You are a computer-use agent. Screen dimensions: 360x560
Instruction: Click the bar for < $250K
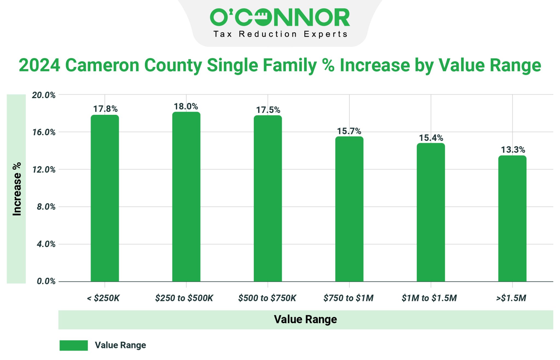[x=105, y=198]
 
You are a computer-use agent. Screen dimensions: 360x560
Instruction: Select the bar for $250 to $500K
[x=186, y=197]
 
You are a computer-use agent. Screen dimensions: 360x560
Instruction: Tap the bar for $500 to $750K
[x=268, y=198]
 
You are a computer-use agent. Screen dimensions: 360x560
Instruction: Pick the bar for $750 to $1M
[x=349, y=209]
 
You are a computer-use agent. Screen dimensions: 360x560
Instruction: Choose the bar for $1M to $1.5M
[x=431, y=212]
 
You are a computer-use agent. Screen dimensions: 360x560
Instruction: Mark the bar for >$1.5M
[x=512, y=219]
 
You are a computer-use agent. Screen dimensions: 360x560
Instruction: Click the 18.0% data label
[x=186, y=106]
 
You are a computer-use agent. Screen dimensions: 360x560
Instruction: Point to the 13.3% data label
[x=513, y=150]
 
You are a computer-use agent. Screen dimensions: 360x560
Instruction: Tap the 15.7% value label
[x=349, y=131]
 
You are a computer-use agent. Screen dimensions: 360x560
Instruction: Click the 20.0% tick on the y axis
[x=44, y=95]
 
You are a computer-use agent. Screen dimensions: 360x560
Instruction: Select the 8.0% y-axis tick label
[x=46, y=207]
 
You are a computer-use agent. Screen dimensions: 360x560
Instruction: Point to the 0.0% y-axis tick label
[x=46, y=281]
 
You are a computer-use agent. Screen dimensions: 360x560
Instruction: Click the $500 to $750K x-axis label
[x=267, y=298]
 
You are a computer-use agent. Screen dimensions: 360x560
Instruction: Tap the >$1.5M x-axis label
[x=511, y=298]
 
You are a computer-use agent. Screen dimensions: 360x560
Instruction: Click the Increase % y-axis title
[x=17, y=189]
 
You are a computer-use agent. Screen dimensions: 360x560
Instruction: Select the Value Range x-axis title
[x=305, y=319]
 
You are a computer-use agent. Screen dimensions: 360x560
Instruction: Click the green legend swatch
[x=74, y=345]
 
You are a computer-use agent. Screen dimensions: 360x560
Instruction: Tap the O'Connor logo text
[x=280, y=17]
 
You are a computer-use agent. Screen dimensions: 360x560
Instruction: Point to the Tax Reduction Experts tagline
[x=280, y=34]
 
